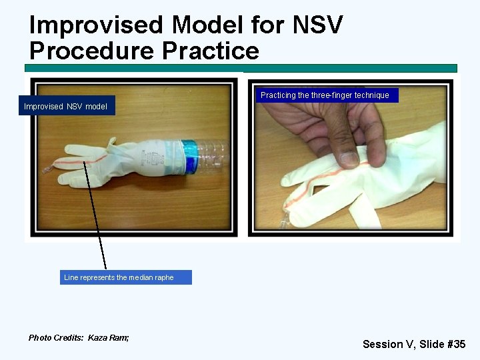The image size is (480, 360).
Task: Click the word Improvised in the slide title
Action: tap(96, 25)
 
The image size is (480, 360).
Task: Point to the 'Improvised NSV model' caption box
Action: tap(66, 107)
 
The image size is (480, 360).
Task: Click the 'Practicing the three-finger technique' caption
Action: tap(325, 95)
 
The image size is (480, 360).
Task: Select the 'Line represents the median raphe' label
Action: tap(119, 277)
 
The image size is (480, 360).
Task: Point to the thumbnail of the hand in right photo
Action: tap(347, 159)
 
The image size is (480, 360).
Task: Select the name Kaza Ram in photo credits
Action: tap(109, 338)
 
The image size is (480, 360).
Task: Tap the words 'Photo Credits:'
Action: tap(56, 338)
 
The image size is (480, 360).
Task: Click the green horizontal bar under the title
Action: tap(240, 68)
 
